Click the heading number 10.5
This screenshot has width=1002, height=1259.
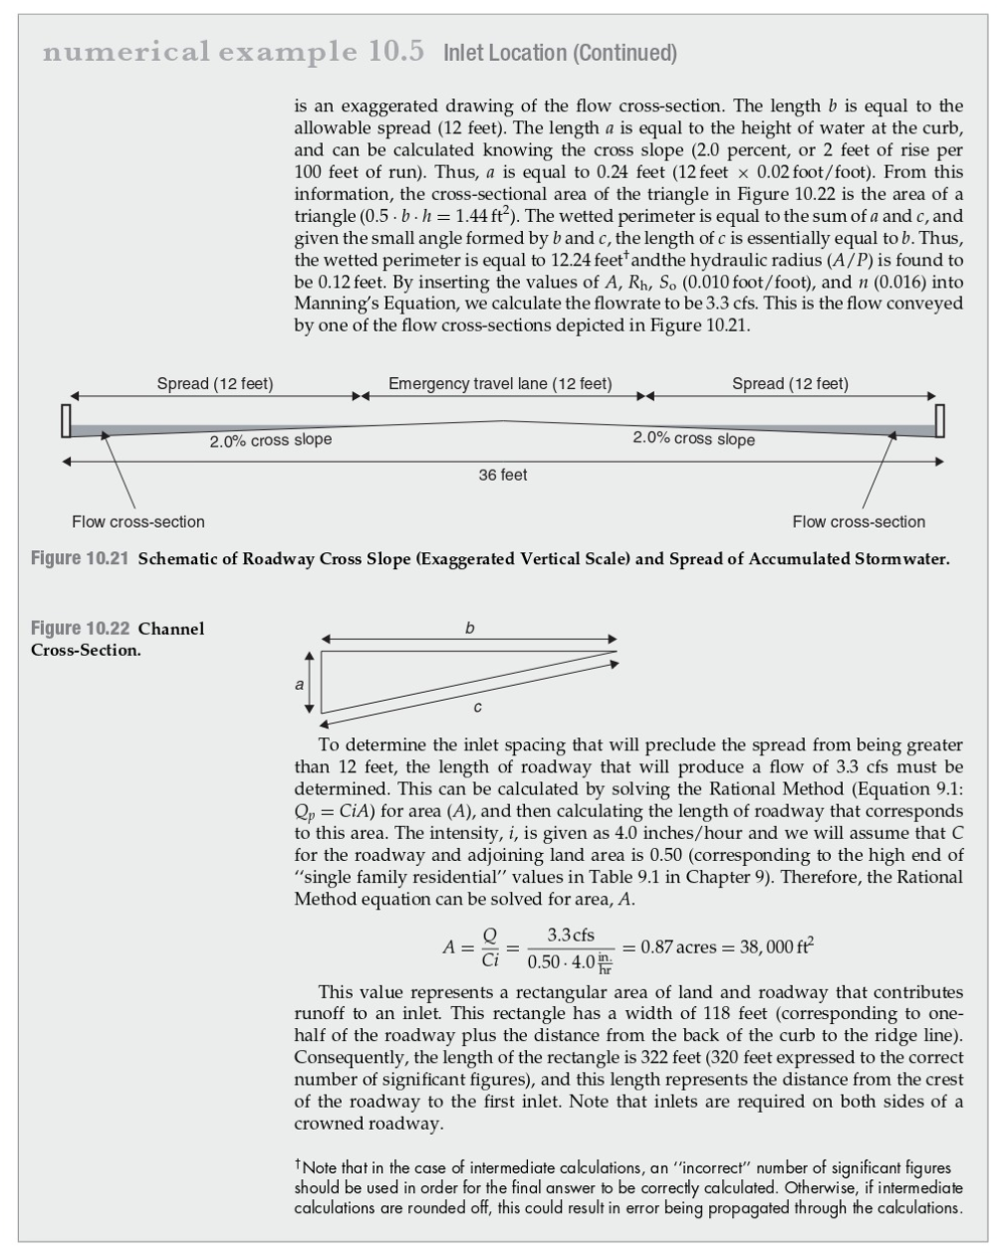(396, 51)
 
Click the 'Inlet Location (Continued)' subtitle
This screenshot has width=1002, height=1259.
(560, 53)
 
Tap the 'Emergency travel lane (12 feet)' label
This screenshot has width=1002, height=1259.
(500, 384)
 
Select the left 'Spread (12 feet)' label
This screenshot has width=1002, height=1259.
(215, 384)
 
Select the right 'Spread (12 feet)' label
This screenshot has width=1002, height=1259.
(790, 384)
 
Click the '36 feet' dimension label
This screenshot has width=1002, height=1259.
(503, 476)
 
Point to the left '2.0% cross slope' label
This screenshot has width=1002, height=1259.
(270, 440)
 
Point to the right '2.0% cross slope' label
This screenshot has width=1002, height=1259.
(693, 439)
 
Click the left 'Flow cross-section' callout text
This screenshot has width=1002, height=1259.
(138, 522)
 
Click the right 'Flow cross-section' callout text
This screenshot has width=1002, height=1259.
(859, 522)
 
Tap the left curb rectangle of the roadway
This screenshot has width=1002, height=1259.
(65, 421)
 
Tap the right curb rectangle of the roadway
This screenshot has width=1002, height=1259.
(938, 421)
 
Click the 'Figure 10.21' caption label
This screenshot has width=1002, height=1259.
(81, 558)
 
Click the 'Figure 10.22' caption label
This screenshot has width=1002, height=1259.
(81, 629)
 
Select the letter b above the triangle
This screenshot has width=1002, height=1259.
(469, 628)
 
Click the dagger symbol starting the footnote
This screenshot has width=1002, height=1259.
(298, 1163)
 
